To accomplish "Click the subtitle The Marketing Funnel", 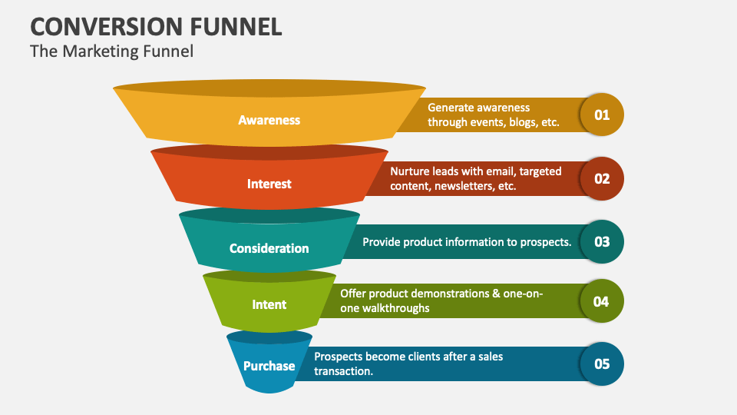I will [x=111, y=52].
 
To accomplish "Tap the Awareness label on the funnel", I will [x=269, y=120].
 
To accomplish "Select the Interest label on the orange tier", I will [x=269, y=184].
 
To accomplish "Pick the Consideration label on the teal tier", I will [x=269, y=248].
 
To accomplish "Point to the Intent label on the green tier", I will [x=269, y=304].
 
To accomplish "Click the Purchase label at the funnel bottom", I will [x=269, y=366].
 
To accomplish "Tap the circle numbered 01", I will [x=602, y=115].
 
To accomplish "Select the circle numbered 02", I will [x=602, y=178].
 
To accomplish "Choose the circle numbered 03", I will [x=602, y=241].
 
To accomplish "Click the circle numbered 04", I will [x=602, y=301].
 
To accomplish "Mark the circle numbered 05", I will [x=602, y=364].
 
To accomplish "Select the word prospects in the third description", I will [x=543, y=242].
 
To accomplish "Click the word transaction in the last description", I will [x=342, y=371].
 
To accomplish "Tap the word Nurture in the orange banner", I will [x=409, y=171].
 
